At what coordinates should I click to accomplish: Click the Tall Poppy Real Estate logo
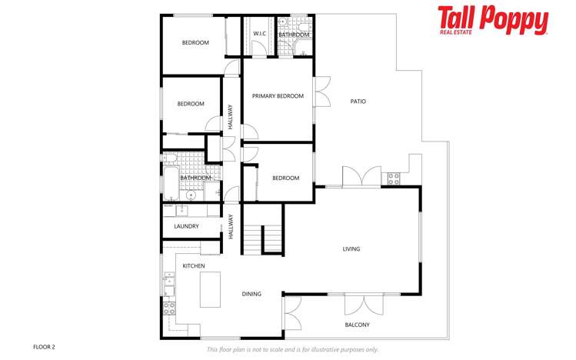[493, 21]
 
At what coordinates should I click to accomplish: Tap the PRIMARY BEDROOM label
[278, 96]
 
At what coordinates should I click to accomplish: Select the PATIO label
[358, 101]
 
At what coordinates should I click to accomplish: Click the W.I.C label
[259, 34]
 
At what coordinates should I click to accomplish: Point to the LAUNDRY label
[186, 226]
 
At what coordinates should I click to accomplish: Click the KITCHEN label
[193, 265]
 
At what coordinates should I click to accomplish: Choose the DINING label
[251, 293]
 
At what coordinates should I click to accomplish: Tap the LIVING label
[351, 248]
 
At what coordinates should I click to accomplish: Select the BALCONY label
[358, 325]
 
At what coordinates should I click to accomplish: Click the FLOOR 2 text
[44, 347]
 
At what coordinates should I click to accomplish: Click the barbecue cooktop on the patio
[394, 179]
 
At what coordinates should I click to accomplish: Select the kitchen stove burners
[169, 309]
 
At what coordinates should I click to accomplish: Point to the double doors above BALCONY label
[358, 304]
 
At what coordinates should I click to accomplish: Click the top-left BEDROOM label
[195, 42]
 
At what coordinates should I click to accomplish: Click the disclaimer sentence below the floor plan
[292, 349]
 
